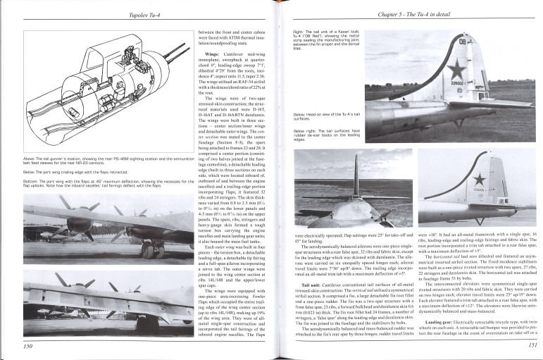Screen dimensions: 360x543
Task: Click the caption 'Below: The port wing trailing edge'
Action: click(70, 170)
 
